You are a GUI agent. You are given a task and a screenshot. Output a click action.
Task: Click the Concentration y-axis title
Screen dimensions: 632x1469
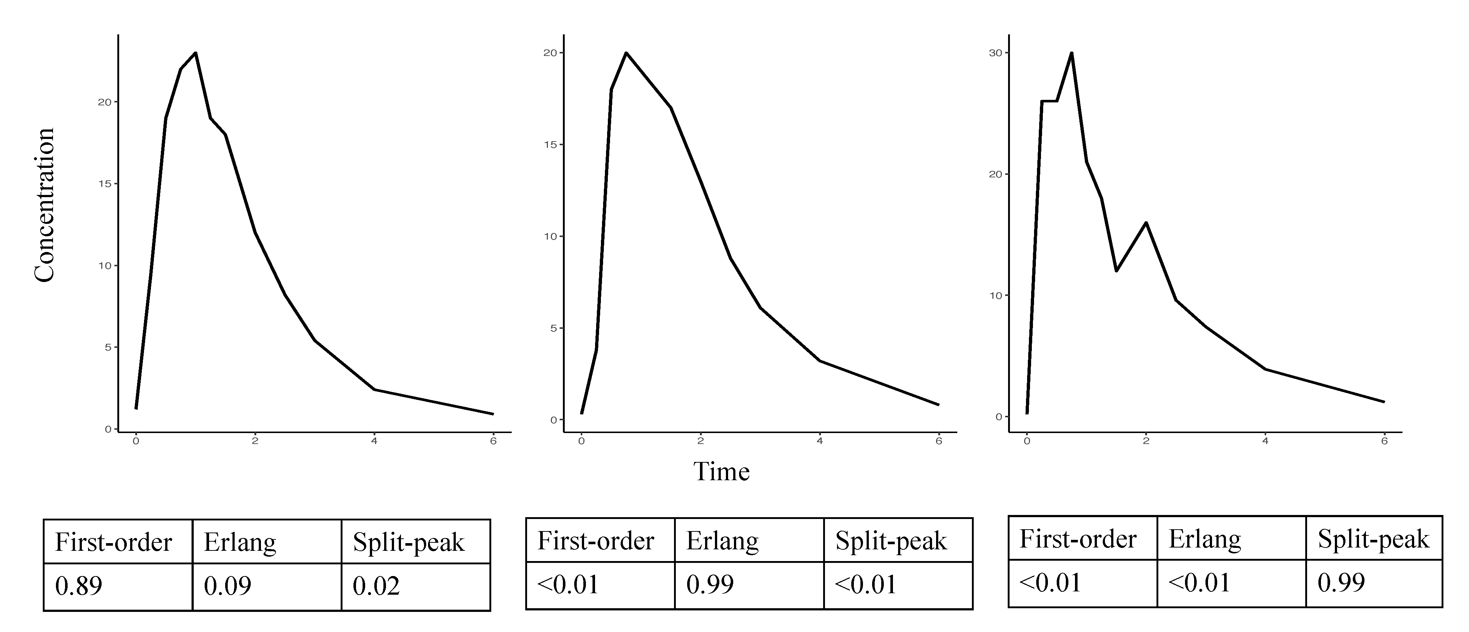[45, 205]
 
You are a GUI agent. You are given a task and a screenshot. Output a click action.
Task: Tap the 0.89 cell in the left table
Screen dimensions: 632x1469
[79, 586]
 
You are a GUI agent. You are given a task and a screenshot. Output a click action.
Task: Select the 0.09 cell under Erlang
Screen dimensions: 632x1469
[228, 586]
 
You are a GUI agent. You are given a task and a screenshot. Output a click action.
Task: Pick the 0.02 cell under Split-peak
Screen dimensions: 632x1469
[376, 586]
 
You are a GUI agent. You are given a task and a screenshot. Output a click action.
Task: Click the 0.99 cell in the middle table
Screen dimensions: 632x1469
[710, 585]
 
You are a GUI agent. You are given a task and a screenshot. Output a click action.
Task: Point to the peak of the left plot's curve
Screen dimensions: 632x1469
[196, 53]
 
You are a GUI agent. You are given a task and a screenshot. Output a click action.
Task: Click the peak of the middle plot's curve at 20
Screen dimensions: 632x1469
[626, 53]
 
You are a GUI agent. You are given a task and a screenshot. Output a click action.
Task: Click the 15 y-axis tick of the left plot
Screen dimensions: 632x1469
[105, 184]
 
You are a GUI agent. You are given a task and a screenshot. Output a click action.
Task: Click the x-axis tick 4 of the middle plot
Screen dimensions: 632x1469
[819, 441]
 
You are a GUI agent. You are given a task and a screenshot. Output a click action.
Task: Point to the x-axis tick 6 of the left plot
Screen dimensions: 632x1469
[493, 441]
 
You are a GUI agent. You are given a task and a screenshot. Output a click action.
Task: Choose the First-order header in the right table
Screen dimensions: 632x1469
[1078, 539]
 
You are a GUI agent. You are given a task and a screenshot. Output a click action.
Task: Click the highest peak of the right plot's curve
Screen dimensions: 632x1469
[1072, 53]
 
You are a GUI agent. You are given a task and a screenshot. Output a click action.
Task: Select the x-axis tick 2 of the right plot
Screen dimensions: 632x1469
[1146, 441]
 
